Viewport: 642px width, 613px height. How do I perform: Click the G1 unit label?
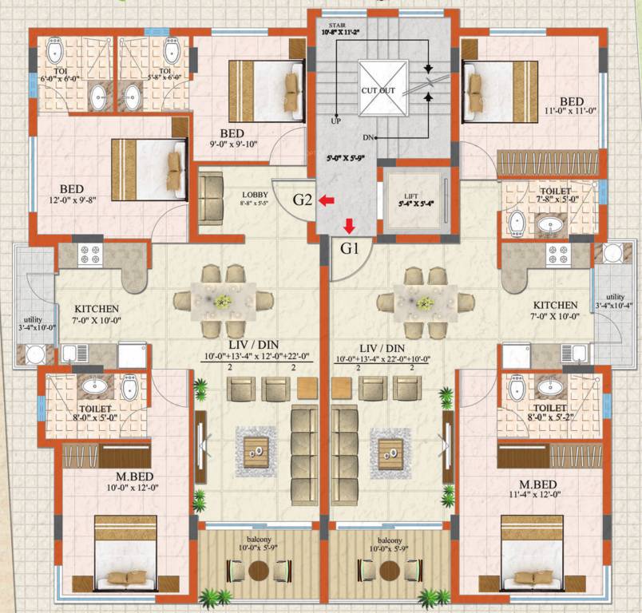point(351,247)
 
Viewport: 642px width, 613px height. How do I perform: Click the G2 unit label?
point(301,200)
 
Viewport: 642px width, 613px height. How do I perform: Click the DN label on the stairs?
point(368,138)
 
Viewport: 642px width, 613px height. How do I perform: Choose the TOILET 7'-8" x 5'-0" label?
point(555,196)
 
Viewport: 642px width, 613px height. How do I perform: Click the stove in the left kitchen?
point(88,255)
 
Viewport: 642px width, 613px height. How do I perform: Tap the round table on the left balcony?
point(258,571)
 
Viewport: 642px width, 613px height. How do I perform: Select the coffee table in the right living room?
point(389,453)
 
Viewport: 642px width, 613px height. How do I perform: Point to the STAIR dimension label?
point(341,30)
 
